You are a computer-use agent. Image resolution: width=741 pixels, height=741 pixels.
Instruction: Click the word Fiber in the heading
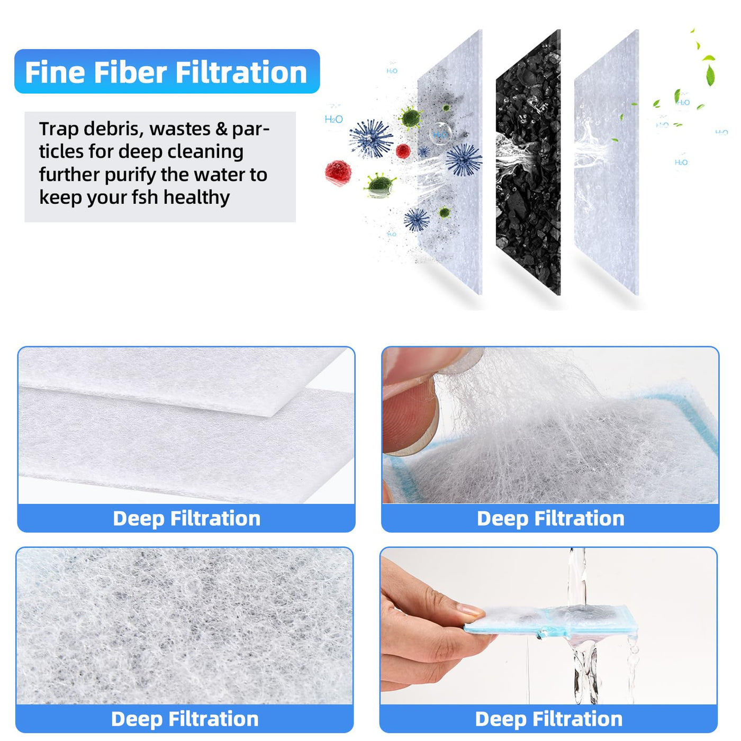(130, 72)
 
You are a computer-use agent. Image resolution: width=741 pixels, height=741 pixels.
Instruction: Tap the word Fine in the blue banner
(54, 72)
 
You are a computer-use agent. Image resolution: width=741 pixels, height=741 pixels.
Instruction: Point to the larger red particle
(338, 173)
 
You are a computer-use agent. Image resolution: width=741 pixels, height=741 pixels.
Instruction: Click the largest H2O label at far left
(333, 119)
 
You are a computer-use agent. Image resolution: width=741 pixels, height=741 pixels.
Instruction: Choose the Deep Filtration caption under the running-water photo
(549, 719)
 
